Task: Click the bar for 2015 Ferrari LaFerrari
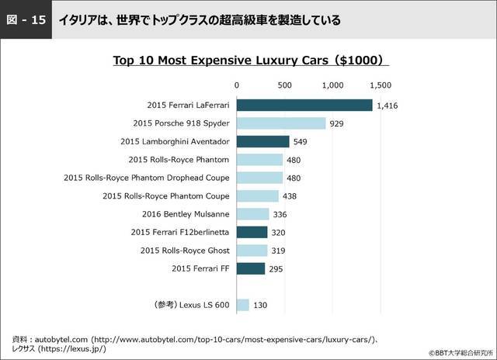[x=304, y=105]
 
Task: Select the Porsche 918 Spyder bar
[x=281, y=123]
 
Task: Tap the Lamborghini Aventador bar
[x=262, y=141]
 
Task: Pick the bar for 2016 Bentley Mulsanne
[x=252, y=213]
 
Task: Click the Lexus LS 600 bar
[x=242, y=305]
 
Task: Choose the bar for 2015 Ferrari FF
[x=250, y=268]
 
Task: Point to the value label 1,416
[x=387, y=106]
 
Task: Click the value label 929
[x=336, y=123]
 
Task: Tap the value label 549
[x=301, y=142]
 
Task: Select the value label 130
[x=260, y=306]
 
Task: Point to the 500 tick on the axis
[x=284, y=85]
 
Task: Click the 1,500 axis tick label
[x=381, y=85]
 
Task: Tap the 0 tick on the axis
[x=236, y=85]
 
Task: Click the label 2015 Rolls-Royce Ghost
[x=185, y=251]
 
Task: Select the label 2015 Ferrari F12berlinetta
[x=180, y=232]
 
